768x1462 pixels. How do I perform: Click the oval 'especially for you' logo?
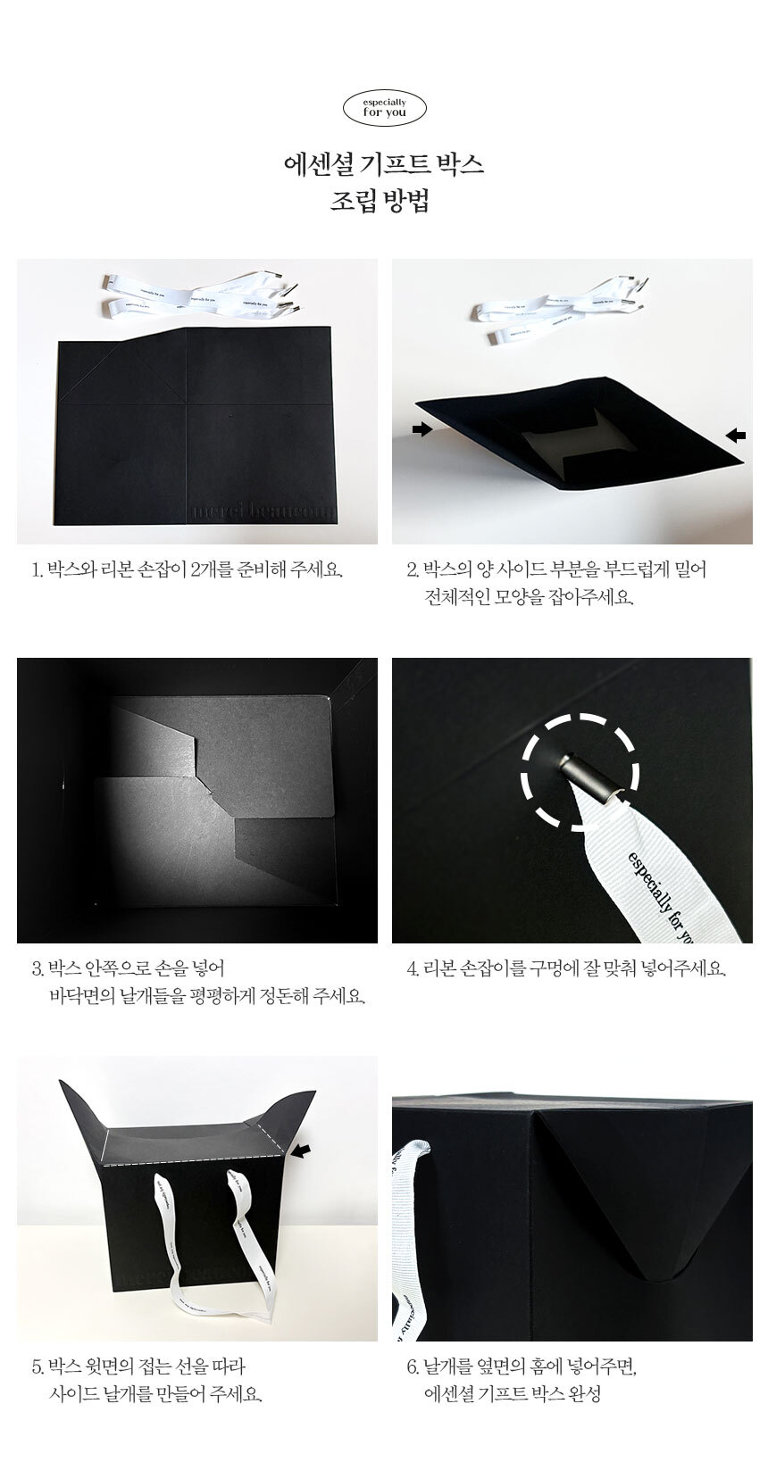[x=384, y=108]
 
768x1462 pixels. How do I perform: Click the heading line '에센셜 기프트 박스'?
[x=384, y=164]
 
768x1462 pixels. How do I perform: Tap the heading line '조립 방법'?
[x=380, y=200]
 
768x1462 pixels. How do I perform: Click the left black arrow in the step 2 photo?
[x=422, y=428]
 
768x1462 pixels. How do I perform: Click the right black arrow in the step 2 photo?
[x=736, y=434]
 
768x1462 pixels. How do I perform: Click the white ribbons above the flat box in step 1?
[x=203, y=295]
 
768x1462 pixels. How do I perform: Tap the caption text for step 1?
[x=188, y=569]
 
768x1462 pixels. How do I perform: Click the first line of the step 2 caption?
[x=556, y=569]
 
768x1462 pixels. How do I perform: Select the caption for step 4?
[x=566, y=968]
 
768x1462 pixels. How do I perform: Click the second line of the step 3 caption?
[x=207, y=997]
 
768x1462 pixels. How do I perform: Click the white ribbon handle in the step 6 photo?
[x=411, y=1234]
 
